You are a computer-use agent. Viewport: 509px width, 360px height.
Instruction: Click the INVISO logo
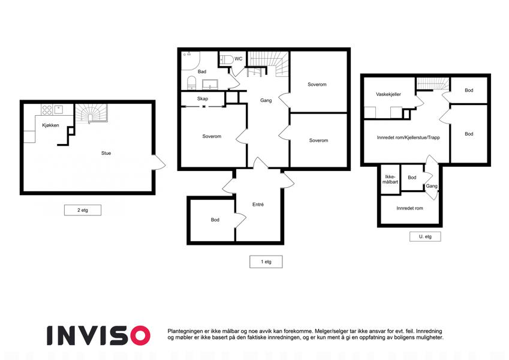98,335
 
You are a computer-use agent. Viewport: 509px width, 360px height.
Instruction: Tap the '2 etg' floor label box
83,210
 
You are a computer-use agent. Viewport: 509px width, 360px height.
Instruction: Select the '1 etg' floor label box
266,262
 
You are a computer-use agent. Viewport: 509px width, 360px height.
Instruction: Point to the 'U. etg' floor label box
425,236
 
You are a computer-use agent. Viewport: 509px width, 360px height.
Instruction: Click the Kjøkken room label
50,125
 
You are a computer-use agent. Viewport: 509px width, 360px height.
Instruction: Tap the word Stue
106,153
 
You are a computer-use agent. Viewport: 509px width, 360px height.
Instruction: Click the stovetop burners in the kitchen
47,110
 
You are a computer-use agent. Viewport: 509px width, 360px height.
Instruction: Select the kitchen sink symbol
59,109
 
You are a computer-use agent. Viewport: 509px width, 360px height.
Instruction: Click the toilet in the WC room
227,59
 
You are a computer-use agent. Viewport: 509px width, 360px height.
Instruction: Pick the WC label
238,59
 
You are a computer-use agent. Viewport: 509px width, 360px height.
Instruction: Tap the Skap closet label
203,98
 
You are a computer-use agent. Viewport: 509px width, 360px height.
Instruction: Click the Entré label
258,205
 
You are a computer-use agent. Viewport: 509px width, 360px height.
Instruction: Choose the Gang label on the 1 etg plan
266,100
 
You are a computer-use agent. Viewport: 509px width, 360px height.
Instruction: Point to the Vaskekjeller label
388,94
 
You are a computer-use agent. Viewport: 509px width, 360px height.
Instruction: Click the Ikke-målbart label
390,179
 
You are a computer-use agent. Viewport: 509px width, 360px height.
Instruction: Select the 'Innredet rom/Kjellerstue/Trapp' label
408,137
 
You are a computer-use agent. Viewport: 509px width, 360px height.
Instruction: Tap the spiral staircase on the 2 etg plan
91,113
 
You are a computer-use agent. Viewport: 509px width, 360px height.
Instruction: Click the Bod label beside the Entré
215,220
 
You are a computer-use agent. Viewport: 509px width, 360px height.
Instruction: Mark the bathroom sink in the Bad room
210,84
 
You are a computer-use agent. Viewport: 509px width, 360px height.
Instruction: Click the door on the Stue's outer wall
159,162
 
